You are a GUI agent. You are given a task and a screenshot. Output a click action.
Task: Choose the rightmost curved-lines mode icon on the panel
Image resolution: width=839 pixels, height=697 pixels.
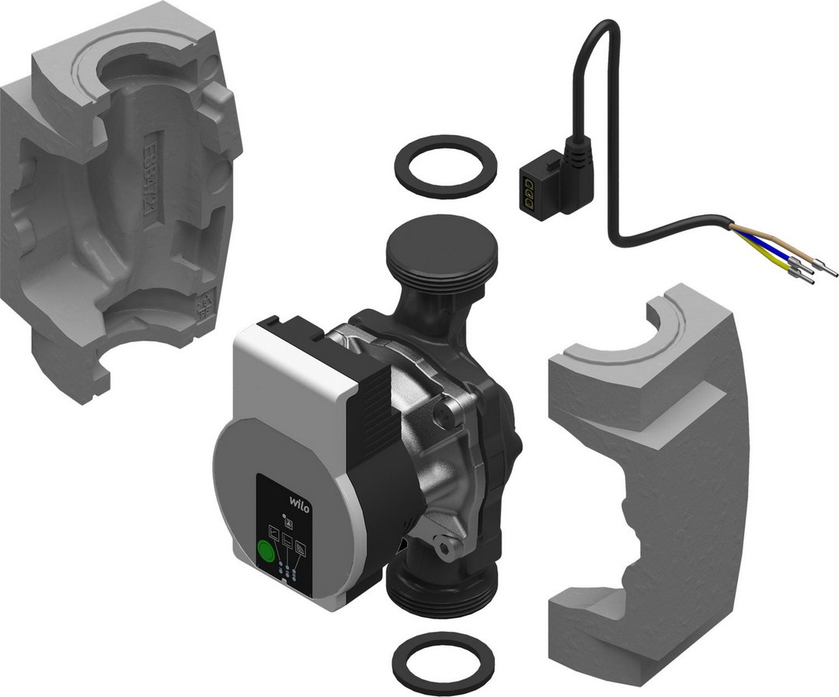click(x=300, y=543)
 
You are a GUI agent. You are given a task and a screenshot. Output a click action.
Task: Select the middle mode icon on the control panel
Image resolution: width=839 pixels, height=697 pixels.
click(x=287, y=539)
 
